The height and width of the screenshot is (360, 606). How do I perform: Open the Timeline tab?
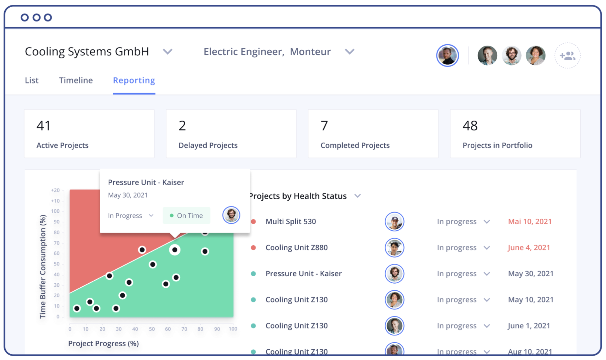(76, 80)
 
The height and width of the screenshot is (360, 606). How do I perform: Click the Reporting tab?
(134, 80)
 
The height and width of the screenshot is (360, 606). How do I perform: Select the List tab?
(32, 80)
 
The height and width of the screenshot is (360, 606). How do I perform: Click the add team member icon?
(567, 56)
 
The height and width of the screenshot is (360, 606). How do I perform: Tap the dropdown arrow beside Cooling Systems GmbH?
(168, 51)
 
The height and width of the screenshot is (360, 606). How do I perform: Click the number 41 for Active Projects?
(43, 126)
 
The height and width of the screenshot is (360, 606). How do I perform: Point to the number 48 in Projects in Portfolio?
(470, 126)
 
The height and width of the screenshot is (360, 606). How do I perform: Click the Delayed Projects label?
(208, 145)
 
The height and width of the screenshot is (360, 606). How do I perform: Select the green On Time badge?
(186, 216)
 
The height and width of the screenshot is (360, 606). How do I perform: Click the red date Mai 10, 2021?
(530, 221)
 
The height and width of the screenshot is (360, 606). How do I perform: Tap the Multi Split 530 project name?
(291, 221)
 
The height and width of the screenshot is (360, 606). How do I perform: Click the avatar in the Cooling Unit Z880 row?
(394, 248)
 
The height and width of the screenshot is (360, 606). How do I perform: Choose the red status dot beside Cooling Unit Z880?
(253, 248)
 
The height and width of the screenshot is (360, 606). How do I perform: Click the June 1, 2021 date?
(529, 326)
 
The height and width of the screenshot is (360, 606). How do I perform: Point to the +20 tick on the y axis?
(55, 190)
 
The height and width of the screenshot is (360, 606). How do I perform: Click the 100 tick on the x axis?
(233, 329)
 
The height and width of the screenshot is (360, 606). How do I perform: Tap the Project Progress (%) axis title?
(103, 343)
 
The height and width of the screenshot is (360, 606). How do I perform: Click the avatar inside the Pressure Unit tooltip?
(231, 215)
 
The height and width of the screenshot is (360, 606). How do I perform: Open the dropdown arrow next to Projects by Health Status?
(358, 196)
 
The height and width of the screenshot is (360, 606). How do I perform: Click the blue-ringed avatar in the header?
(447, 56)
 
